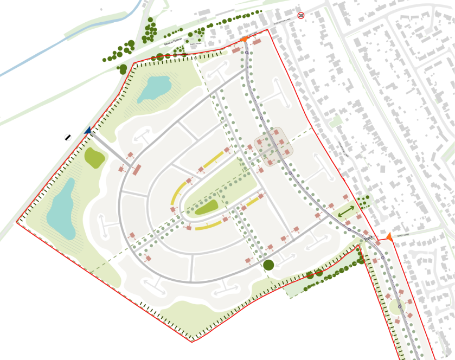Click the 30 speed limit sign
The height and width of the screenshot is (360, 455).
(301, 16)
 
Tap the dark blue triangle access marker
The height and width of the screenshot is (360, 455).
(87, 130)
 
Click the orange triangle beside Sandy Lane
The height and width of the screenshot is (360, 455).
(389, 236)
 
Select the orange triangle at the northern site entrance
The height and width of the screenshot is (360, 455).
(243, 38)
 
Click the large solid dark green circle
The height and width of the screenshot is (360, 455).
(268, 265)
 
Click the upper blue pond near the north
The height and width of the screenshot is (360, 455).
(154, 88)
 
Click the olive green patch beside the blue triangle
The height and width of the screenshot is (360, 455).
(95, 157)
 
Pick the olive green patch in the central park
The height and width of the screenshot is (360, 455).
(207, 206)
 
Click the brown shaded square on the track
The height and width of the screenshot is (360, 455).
(274, 144)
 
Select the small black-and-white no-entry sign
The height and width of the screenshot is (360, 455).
(67, 137)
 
